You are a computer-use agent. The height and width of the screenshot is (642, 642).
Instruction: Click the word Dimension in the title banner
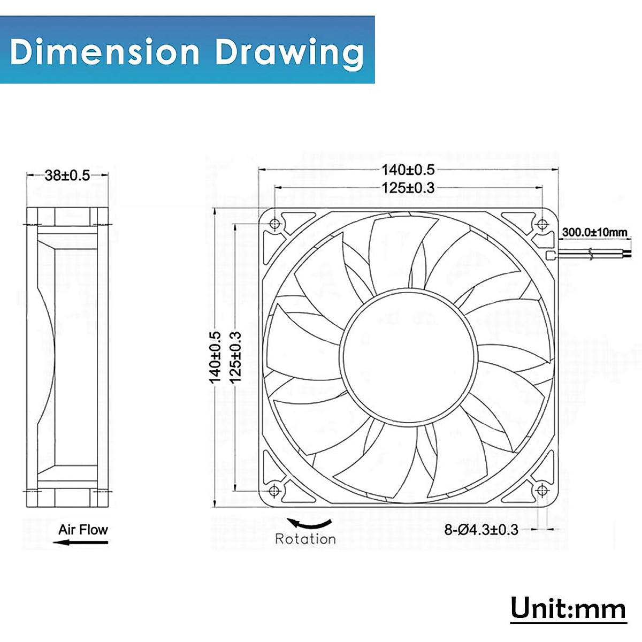pos(105,52)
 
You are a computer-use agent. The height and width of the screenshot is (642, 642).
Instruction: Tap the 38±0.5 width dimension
pos(67,175)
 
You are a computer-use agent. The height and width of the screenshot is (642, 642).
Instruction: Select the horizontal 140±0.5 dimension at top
pos(408,170)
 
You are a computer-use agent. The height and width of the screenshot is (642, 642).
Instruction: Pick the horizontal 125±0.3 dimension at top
pos(408,187)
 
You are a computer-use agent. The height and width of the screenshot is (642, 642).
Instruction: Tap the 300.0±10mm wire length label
pos(594,232)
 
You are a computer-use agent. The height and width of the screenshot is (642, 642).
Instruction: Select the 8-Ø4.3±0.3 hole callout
pos(481,530)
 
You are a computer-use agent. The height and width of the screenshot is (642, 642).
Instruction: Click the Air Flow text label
pos(83,530)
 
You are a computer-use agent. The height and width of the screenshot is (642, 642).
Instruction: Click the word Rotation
pos(305,539)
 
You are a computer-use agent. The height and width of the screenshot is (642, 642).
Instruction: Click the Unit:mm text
pos(568,609)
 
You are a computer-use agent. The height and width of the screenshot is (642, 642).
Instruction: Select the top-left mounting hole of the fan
pos(275,224)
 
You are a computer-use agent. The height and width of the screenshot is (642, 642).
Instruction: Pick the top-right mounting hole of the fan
pos(541,224)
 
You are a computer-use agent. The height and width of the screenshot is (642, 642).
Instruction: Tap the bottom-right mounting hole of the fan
pos(541,490)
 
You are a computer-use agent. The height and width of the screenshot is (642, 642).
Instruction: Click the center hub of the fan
pos(408,357)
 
